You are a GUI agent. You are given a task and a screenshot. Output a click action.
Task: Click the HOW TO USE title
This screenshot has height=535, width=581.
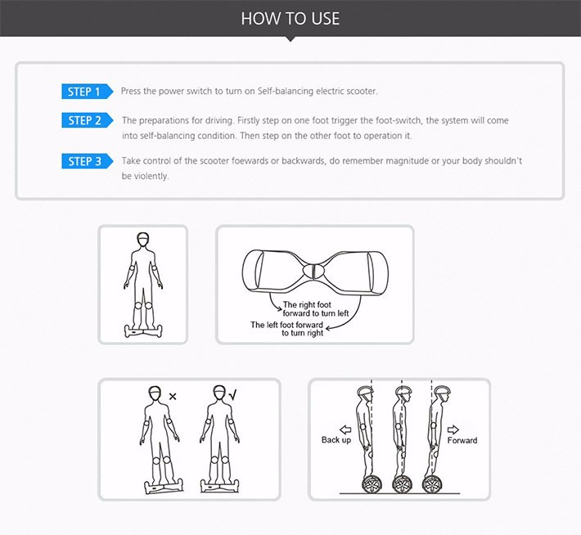coord(290,19)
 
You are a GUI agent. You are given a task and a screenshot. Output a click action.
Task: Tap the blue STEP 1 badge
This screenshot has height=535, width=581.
coord(87,92)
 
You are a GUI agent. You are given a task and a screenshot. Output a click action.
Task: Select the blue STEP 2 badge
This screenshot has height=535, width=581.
coord(87,120)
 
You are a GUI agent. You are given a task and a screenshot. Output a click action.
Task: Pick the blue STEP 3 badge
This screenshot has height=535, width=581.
coord(87,161)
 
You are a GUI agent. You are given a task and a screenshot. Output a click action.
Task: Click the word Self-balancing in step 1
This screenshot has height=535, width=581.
coord(286,91)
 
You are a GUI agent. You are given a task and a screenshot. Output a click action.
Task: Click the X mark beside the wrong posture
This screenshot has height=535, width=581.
coord(173,397)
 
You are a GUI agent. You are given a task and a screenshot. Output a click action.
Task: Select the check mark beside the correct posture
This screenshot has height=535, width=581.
coord(232,395)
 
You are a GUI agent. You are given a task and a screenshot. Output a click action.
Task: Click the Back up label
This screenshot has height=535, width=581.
coord(336,440)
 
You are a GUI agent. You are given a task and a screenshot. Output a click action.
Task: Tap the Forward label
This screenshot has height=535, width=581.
coord(462,441)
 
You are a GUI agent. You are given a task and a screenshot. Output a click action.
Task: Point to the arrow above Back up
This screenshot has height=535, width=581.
coord(345,429)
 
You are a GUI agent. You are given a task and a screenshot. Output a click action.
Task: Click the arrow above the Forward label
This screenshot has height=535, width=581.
coord(453,429)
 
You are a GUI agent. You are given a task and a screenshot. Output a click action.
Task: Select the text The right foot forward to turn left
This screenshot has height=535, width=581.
coord(316,309)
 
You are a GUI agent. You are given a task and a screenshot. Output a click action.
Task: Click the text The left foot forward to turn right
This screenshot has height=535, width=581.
coord(286,329)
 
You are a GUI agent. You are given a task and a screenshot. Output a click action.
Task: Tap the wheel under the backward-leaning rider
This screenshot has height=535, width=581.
coord(372,484)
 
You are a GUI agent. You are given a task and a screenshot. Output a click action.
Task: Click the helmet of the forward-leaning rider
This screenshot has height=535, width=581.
coord(442,390)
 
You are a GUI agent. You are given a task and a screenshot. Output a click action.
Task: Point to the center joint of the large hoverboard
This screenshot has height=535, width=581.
coord(313,271)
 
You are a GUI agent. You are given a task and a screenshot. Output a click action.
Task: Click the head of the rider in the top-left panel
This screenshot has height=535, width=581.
coord(143,240)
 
